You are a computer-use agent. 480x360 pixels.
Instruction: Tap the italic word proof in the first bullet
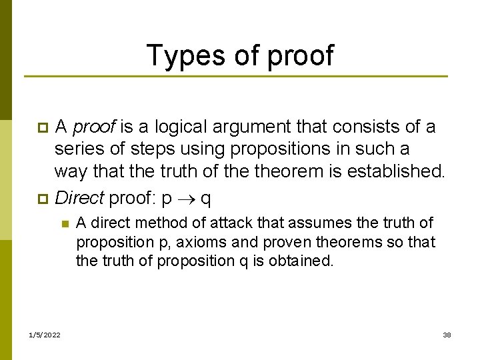click(94, 127)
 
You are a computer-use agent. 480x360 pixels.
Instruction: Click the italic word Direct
click(79, 197)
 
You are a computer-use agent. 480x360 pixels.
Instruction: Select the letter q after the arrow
click(206, 199)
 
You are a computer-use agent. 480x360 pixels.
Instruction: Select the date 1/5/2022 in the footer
click(45, 334)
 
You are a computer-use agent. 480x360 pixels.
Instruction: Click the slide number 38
click(447, 334)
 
